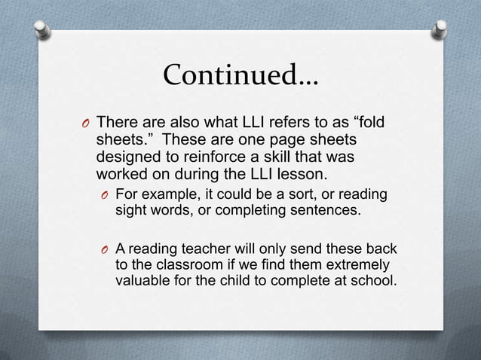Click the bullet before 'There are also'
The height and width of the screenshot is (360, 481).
pos(86,124)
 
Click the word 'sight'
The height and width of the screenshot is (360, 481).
pos(130,212)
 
